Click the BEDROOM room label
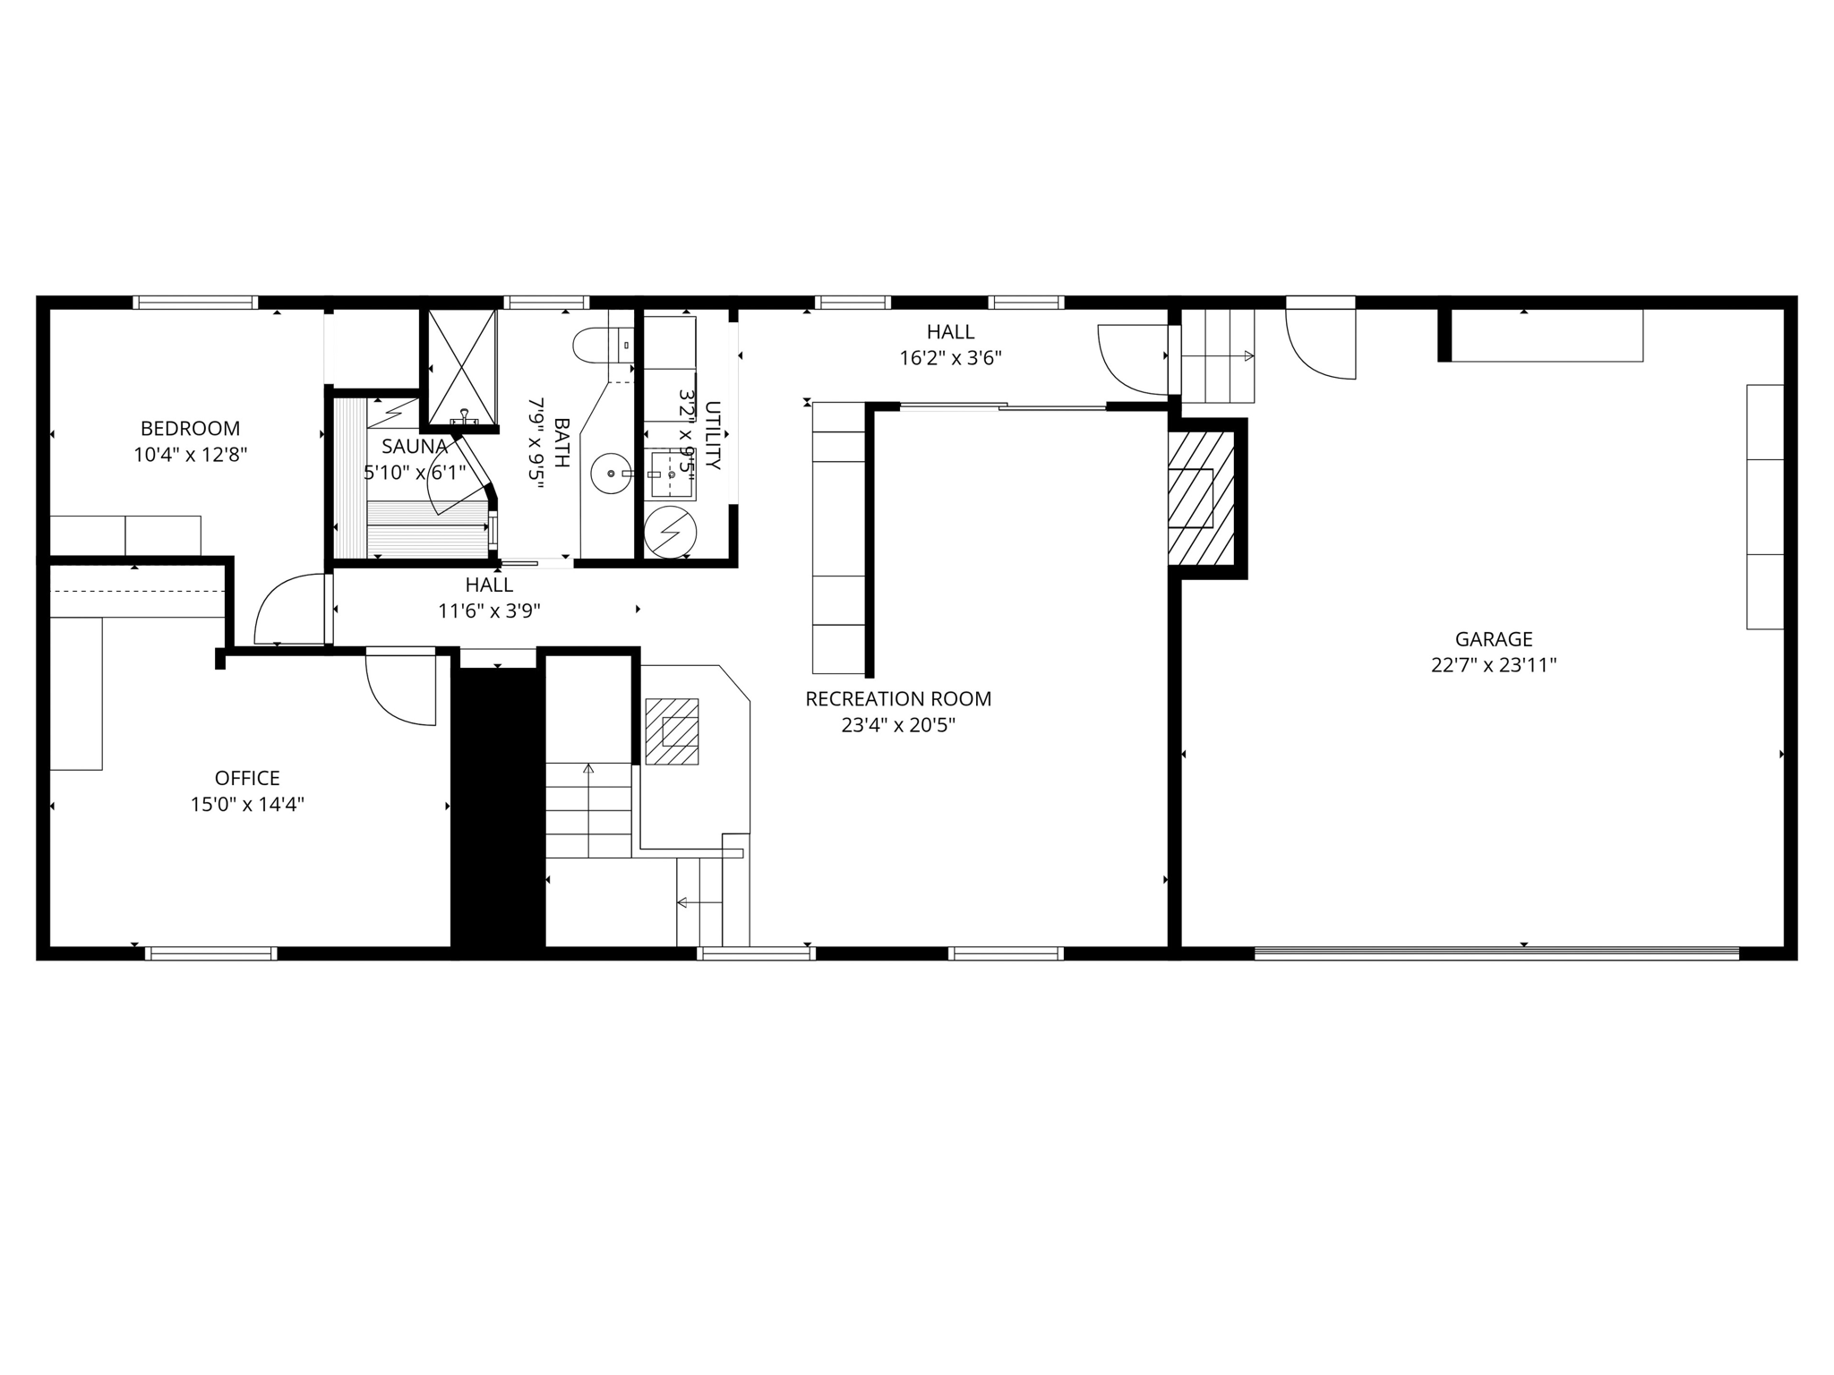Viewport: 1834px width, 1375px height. tap(190, 428)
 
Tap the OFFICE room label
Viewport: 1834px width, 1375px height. tap(247, 778)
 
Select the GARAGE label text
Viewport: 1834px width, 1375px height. tap(1494, 639)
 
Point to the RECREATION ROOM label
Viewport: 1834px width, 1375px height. tap(898, 698)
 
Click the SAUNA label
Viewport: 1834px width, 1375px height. tap(414, 446)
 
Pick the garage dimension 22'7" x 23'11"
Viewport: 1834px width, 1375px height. tap(1494, 665)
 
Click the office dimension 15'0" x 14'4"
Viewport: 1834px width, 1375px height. tap(247, 804)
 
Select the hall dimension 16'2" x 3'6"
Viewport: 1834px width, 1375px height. tap(950, 358)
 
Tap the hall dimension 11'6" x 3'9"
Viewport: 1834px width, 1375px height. tap(489, 611)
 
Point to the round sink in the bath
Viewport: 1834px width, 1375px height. tap(612, 473)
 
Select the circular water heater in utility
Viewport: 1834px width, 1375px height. tap(670, 533)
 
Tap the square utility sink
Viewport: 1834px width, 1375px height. tap(672, 474)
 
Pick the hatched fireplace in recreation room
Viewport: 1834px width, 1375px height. tap(672, 731)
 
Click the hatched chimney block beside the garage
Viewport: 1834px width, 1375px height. tap(1200, 498)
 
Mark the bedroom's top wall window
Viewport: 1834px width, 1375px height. tap(195, 303)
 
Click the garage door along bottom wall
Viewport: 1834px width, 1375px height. tap(1495, 953)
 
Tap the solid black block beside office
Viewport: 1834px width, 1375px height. tap(498, 806)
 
